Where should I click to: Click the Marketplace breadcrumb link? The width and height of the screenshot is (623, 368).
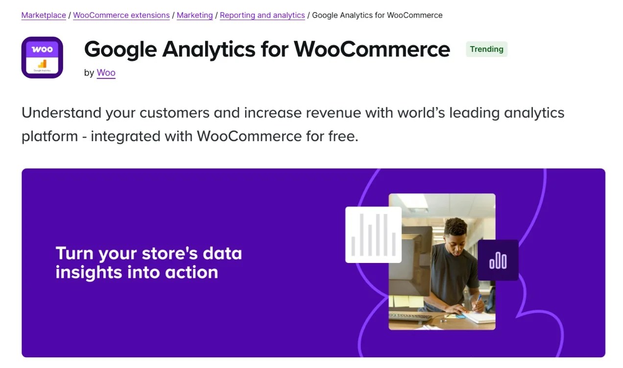point(44,15)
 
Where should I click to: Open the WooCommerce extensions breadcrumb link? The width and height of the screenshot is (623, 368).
point(121,15)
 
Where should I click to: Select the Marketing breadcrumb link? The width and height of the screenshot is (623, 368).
point(194,15)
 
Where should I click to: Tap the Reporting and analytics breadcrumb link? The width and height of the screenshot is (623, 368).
point(262,15)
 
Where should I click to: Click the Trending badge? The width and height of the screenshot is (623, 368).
point(486,49)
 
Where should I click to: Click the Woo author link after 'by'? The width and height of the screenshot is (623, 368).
point(106,73)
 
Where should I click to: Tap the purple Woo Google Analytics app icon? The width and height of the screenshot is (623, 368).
point(42,57)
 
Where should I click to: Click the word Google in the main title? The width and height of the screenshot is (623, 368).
point(120,49)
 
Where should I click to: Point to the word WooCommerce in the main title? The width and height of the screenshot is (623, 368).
point(372,49)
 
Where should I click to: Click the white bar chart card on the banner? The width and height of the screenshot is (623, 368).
point(373,235)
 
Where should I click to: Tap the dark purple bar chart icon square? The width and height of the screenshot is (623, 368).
point(498,260)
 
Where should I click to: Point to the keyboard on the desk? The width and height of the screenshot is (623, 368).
point(410,316)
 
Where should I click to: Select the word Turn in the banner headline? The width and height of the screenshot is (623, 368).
point(74,253)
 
